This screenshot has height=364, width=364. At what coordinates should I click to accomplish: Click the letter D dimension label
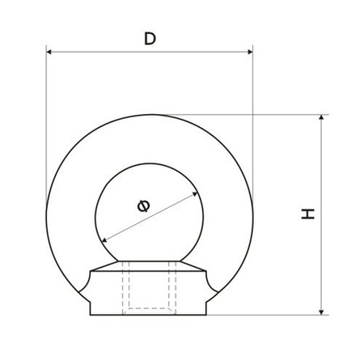click(x=150, y=39)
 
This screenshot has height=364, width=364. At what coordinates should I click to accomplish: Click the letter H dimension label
click(x=308, y=214)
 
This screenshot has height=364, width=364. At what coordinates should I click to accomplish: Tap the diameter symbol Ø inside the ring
click(x=143, y=206)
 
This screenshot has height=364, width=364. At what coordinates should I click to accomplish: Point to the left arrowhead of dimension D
click(x=49, y=52)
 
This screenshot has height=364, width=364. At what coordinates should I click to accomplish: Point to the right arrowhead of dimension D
click(x=250, y=52)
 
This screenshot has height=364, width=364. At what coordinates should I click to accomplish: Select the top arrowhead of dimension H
click(x=321, y=117)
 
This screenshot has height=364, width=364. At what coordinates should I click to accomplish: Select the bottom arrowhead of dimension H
click(x=321, y=312)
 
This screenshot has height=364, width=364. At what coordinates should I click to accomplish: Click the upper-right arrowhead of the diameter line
click(x=195, y=194)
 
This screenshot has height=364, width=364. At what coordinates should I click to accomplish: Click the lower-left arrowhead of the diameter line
click(x=104, y=239)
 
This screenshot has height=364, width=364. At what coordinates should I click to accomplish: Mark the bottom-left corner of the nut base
click(x=91, y=315)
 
